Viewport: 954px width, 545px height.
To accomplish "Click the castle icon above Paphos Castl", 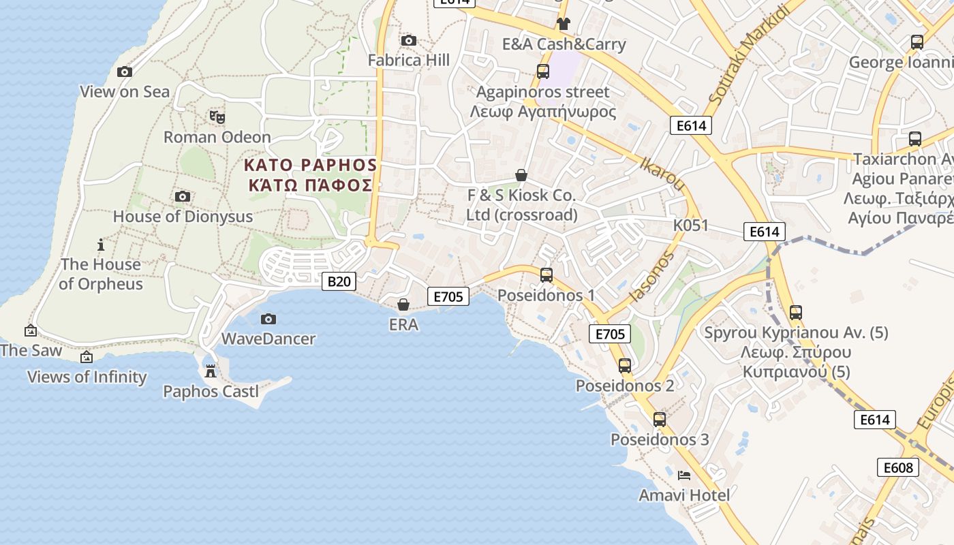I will [x=211, y=371].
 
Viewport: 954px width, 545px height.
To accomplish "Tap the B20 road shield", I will [x=339, y=281].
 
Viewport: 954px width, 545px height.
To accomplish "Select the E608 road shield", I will [x=897, y=467].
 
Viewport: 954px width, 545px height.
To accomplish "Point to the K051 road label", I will [x=691, y=225].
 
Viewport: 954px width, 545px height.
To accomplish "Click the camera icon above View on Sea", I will [x=125, y=72].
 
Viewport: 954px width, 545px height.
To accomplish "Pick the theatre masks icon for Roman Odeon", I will [x=217, y=117].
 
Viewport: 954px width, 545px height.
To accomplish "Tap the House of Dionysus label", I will [x=183, y=217].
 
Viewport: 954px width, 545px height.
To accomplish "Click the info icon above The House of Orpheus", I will [x=101, y=245].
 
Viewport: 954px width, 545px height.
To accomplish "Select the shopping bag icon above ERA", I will [x=403, y=304].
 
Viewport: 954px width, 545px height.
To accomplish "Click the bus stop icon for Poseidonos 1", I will [x=546, y=275].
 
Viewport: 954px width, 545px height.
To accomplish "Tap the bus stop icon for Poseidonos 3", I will [x=659, y=420].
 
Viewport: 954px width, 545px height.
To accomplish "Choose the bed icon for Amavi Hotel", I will [x=684, y=476].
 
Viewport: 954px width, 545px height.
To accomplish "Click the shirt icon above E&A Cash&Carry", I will [x=563, y=24].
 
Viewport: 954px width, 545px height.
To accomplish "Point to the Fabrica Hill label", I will [x=409, y=61].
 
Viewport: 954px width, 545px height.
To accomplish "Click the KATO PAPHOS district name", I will [x=310, y=166].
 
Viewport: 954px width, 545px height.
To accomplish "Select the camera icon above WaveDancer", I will [x=268, y=319].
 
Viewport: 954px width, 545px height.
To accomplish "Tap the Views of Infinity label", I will [x=87, y=377].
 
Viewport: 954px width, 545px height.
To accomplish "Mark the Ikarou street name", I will [x=662, y=174].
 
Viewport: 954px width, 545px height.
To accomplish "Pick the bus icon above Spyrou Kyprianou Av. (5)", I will [x=795, y=313].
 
